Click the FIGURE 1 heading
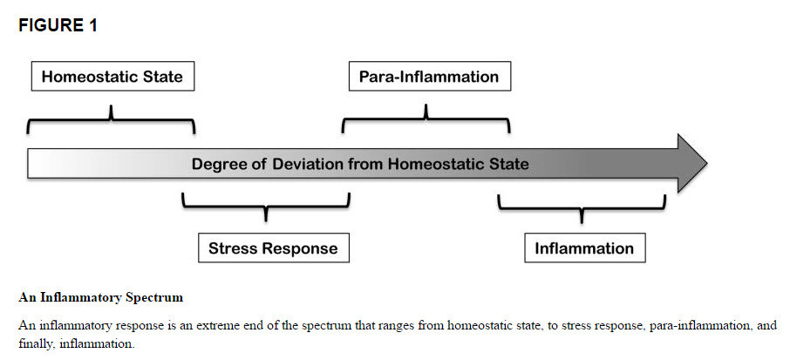pos(58,25)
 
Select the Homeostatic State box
pos(112,77)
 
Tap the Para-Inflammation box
pos(428,77)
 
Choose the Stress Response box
pos(272,248)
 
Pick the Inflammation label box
pos(584,248)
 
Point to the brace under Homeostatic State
pos(112,118)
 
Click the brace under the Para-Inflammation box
pos(426,118)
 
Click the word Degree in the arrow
pos(220,164)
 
